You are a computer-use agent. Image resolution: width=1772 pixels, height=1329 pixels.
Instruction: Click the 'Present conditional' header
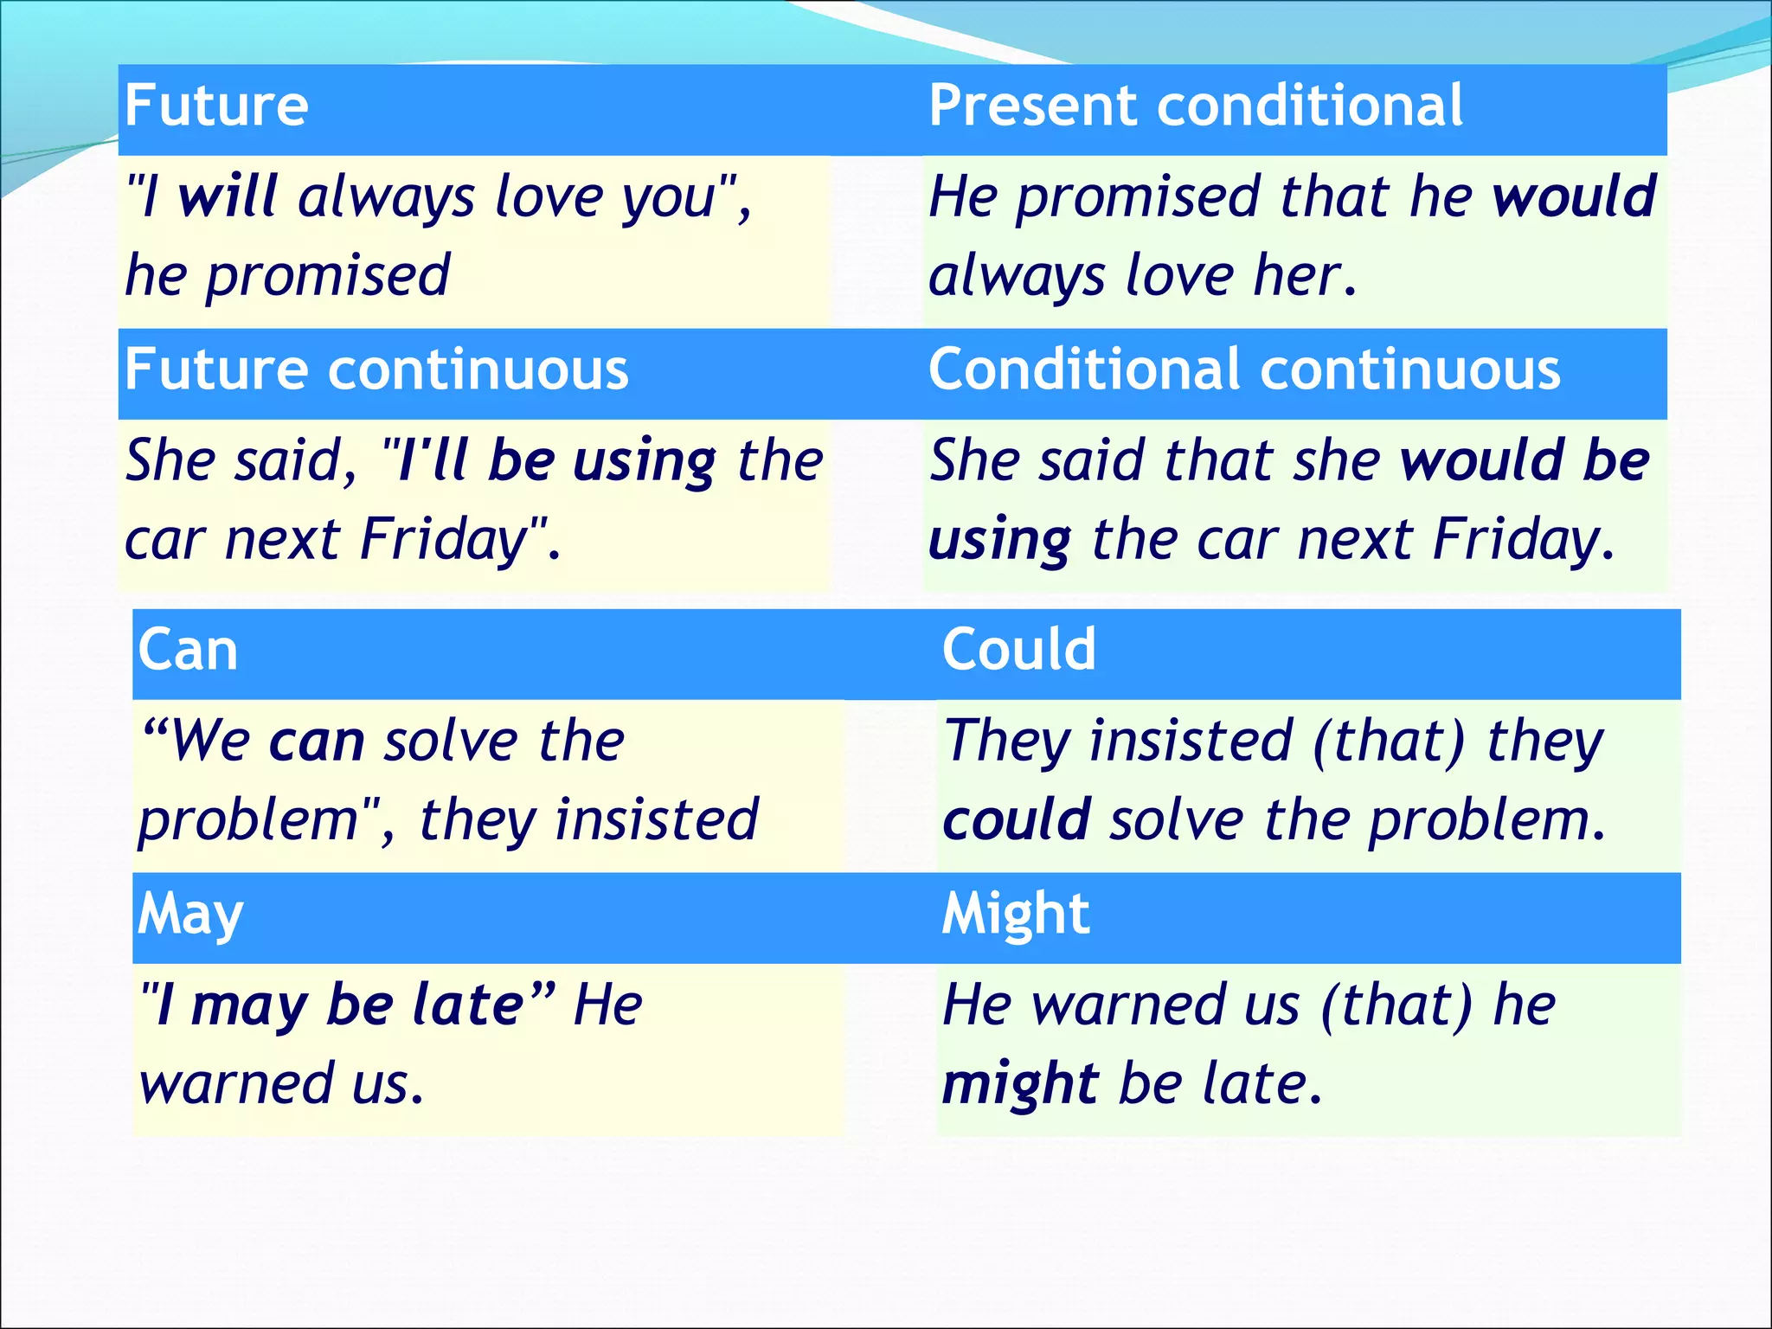[1195, 106]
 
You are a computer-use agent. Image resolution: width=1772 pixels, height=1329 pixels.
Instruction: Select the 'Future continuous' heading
[376, 369]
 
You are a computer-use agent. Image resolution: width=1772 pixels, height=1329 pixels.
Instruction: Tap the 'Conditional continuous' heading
[1244, 369]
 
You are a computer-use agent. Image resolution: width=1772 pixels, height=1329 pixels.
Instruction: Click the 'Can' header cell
[188, 650]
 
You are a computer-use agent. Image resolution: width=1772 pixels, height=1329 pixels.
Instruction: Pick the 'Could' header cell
[1018, 650]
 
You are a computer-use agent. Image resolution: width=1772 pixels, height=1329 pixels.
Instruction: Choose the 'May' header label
[190, 915]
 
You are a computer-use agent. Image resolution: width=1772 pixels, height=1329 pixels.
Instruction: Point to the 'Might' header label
[1015, 915]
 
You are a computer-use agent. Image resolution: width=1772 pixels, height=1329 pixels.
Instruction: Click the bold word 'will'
[228, 197]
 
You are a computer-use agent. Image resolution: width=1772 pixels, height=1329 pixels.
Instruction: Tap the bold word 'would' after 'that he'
[1574, 197]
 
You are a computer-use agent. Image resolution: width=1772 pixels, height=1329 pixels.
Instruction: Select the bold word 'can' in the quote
[317, 742]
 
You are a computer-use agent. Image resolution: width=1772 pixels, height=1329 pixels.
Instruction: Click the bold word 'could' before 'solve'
[1016, 820]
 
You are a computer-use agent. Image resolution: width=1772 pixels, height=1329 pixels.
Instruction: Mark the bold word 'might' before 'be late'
[1020, 1084]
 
